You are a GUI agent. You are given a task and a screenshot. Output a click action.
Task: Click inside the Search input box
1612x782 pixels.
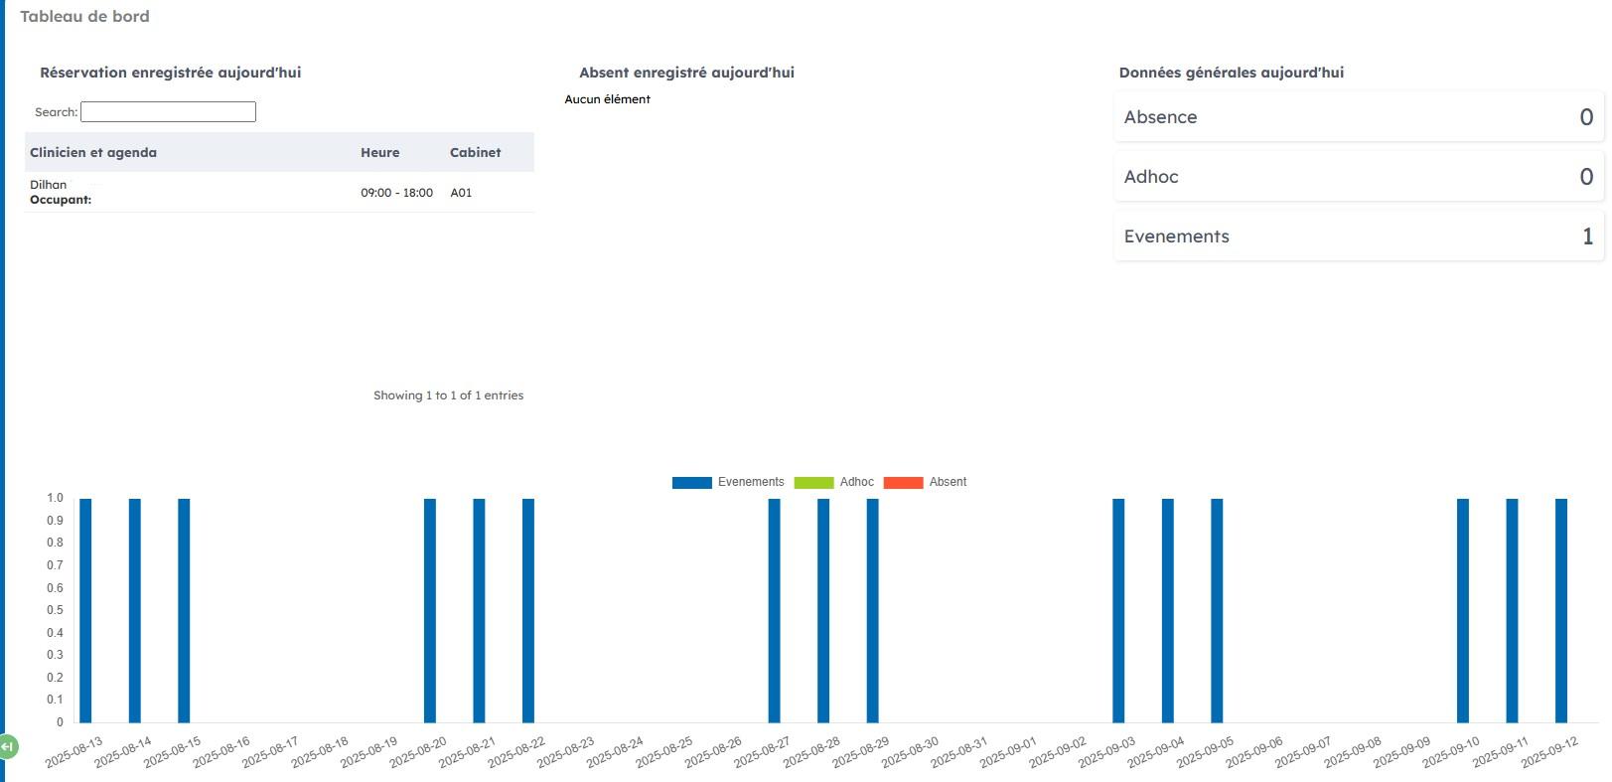(x=168, y=112)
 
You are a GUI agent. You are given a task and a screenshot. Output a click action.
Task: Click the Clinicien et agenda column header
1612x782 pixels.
(x=93, y=152)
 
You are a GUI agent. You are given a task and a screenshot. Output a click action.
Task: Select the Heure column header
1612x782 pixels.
(x=379, y=152)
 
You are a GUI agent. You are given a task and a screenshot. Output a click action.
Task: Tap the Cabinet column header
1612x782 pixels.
(x=475, y=152)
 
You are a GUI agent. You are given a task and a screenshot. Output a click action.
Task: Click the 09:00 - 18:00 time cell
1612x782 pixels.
(x=396, y=193)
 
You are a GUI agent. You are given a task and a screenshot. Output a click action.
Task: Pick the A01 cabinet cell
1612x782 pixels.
(x=461, y=193)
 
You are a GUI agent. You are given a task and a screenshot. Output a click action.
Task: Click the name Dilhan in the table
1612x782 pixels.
(x=49, y=185)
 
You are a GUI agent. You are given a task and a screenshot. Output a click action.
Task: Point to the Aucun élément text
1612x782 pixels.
(x=607, y=99)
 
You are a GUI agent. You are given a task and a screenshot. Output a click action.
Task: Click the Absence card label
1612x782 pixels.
(x=1160, y=117)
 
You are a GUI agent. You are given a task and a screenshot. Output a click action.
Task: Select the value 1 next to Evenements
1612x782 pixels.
(x=1587, y=236)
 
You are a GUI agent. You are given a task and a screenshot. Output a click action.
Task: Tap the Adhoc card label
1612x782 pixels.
(x=1151, y=177)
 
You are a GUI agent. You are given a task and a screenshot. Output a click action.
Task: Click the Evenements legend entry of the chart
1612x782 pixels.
(x=750, y=482)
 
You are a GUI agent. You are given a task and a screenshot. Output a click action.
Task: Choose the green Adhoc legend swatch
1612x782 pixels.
(x=813, y=483)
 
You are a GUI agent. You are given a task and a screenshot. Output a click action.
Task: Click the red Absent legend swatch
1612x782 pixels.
(x=903, y=483)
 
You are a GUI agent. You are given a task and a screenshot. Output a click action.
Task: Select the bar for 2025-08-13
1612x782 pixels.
(x=85, y=610)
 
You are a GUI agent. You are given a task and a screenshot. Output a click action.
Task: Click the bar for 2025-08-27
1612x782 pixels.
(x=774, y=610)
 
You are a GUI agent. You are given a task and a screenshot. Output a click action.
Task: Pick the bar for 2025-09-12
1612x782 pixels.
(x=1560, y=610)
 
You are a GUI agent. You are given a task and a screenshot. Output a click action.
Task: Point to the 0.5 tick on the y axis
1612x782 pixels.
(x=55, y=610)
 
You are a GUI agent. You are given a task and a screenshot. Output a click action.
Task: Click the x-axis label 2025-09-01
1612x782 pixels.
(x=1008, y=752)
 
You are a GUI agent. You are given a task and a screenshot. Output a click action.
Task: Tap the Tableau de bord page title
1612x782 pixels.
(x=84, y=17)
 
